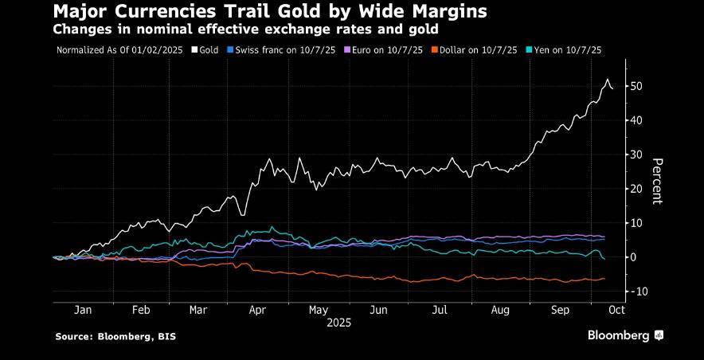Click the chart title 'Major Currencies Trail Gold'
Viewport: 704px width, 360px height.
tap(270, 13)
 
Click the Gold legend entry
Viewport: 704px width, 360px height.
tap(206, 50)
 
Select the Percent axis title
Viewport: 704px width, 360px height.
tap(657, 180)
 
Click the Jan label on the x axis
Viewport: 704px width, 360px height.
tap(83, 311)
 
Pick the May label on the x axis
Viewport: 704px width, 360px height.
tap(319, 311)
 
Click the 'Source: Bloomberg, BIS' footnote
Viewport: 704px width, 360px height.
tap(115, 337)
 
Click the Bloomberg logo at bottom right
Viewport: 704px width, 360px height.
tap(626, 335)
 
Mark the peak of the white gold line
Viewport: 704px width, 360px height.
tap(608, 80)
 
